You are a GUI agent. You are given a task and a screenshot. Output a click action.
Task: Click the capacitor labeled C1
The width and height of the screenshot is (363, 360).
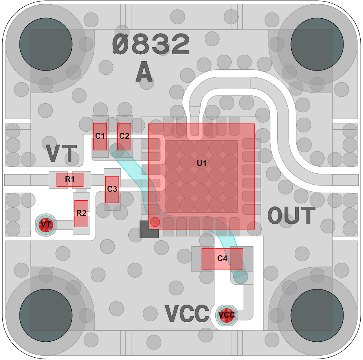coord(100,136)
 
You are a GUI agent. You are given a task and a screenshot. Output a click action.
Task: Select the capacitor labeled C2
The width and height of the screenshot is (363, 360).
coord(124,136)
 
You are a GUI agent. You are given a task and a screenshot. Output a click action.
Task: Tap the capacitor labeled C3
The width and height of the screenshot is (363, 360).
coord(112,189)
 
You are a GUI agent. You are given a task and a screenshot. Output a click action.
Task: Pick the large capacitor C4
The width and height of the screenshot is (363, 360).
coord(222,259)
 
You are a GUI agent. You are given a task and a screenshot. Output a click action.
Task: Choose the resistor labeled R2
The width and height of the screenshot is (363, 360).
coord(81,214)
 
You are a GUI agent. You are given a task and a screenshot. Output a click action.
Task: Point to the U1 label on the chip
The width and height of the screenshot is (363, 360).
coord(201,162)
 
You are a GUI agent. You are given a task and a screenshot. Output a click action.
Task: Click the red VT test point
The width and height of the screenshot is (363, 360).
coord(46,225)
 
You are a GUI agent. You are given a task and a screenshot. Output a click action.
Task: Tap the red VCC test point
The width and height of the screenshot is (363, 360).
coord(227,314)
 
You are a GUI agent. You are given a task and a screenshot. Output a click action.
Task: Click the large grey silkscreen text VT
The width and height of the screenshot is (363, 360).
coord(61,154)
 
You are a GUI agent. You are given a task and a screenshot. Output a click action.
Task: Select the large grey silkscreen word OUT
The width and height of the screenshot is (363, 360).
coord(291,215)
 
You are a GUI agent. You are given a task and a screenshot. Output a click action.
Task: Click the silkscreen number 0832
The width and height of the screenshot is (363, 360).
coord(151,44)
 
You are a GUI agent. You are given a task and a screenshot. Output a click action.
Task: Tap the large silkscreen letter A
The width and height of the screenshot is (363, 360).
coord(144,72)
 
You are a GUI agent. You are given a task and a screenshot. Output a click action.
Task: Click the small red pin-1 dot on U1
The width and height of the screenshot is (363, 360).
coord(155,222)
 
